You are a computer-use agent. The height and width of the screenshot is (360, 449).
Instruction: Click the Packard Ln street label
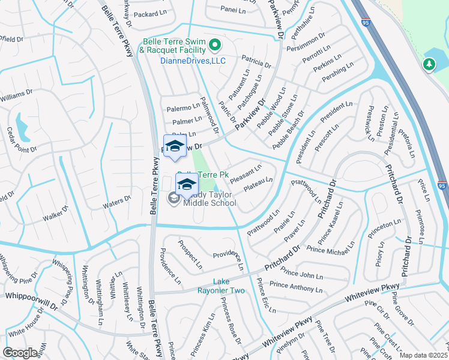click(x=149, y=14)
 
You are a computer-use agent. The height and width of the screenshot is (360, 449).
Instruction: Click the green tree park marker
click(x=429, y=64)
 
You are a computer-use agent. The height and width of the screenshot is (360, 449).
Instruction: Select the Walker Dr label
click(x=56, y=215)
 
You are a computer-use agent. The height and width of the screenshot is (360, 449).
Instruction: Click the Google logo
click(x=20, y=353)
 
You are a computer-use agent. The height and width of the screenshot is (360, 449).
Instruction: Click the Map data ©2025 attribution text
click(x=423, y=355)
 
